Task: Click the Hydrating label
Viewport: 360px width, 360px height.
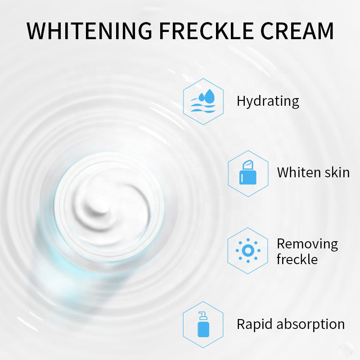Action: click(268, 101)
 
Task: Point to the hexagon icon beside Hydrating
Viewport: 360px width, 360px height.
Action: click(204, 101)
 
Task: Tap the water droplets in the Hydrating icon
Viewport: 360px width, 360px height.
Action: click(207, 94)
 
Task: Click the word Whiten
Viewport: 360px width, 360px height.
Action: click(300, 172)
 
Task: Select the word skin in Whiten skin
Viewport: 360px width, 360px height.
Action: click(337, 172)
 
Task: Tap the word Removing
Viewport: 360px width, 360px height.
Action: click(307, 244)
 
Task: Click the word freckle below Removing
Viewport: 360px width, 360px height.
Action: click(297, 260)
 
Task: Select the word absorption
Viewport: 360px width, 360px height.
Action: click(310, 324)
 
